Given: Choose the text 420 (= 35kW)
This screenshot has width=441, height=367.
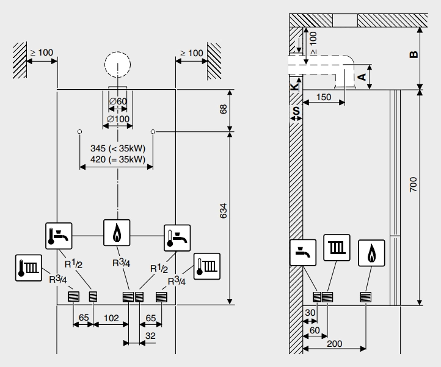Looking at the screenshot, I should (117, 159).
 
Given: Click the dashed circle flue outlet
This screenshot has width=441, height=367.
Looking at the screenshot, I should (117, 65).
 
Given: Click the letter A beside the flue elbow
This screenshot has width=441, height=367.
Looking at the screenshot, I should (362, 76).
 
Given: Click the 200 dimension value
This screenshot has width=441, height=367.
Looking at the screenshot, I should (334, 344).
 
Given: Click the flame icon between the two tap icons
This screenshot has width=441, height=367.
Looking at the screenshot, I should (117, 233).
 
